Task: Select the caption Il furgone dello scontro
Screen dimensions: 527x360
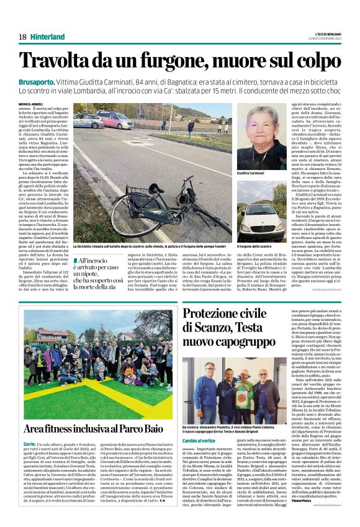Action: [255, 247]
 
